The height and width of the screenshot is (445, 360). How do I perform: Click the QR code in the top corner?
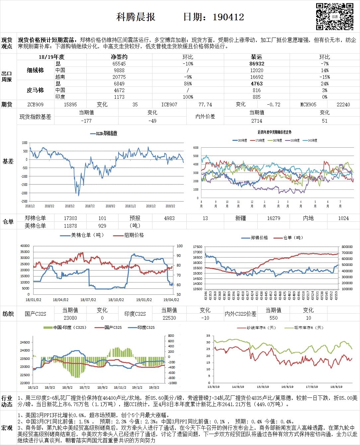pos(334,17)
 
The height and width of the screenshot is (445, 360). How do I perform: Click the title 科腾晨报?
pos(136,17)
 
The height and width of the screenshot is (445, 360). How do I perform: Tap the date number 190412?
pos(228,17)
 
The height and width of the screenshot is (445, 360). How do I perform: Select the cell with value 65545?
pos(119,63)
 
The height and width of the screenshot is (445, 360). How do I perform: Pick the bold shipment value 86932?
pos(257,63)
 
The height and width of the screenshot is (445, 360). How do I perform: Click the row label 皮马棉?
pos(35,90)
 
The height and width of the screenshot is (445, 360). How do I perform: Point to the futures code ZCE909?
pos(35,104)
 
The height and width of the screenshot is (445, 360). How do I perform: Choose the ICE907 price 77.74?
pos(205,104)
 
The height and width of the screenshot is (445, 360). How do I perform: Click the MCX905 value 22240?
pos(343,104)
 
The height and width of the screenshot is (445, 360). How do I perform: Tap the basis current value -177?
pos(86,121)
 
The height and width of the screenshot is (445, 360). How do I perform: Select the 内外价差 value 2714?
pos(257,121)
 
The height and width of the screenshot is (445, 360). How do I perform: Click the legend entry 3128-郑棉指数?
pos(104,134)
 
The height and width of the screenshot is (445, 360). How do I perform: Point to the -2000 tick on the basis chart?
pos(24,193)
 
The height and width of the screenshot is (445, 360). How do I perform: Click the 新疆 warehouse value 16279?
pos(274,218)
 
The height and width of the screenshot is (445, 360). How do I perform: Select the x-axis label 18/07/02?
pos(88,300)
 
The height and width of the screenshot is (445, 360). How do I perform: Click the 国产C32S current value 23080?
pos(70,318)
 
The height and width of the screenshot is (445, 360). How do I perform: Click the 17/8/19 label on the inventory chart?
pos(312,387)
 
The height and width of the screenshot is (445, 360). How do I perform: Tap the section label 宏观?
pos(7,428)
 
